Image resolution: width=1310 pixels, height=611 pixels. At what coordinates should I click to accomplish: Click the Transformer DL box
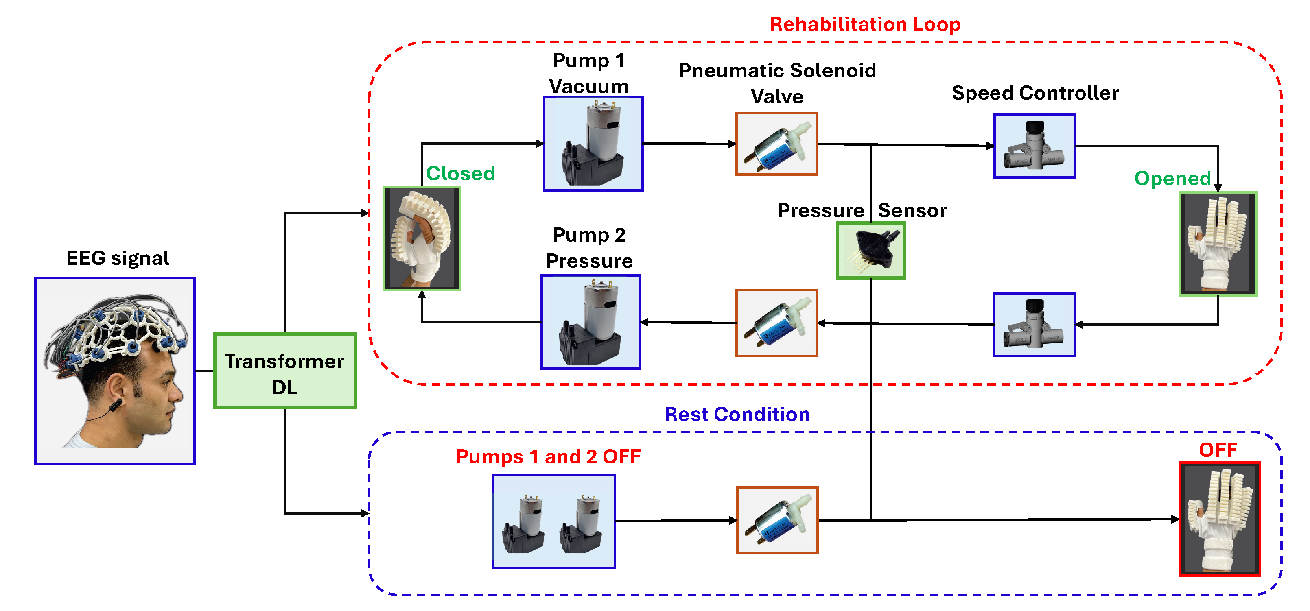click(285, 371)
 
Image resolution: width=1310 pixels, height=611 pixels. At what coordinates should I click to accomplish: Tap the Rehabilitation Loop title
click(864, 24)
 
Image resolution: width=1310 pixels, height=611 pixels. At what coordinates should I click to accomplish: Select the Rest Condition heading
click(737, 414)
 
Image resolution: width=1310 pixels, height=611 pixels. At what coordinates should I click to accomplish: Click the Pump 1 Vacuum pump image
click(593, 144)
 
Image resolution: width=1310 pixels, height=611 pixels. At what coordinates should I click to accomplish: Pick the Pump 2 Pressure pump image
click(590, 322)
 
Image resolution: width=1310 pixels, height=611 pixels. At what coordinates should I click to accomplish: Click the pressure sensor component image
click(870, 251)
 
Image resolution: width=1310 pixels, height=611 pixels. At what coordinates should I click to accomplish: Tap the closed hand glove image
click(422, 239)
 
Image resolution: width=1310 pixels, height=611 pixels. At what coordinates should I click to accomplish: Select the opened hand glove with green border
click(1218, 244)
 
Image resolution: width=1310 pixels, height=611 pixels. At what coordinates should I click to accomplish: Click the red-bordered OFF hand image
click(1220, 519)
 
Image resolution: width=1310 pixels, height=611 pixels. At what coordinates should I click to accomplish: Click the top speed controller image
click(1034, 146)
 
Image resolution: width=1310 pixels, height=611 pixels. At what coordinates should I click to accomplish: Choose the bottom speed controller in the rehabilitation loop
click(1034, 325)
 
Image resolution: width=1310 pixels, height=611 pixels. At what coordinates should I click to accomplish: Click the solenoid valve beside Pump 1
click(776, 144)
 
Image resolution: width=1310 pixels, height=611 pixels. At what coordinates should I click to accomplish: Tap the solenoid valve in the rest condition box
click(777, 520)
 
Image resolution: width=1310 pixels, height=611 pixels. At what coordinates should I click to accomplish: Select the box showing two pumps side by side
click(554, 521)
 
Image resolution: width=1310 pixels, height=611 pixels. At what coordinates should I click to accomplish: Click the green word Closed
click(460, 173)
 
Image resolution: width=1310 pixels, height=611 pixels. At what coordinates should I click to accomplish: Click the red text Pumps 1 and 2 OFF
click(548, 456)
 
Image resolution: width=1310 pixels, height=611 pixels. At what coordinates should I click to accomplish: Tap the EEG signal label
click(118, 258)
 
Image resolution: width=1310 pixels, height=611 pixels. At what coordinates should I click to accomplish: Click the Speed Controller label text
click(1035, 93)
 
